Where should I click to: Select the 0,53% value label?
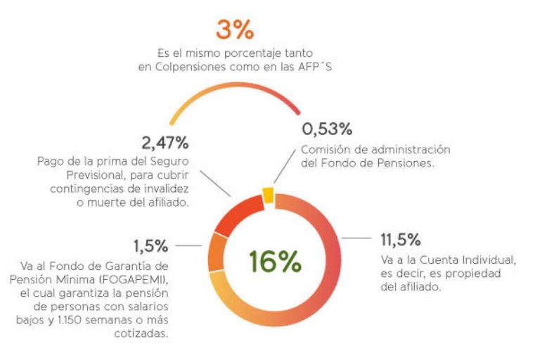[x=327, y=130]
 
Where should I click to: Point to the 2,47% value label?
[x=165, y=143]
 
